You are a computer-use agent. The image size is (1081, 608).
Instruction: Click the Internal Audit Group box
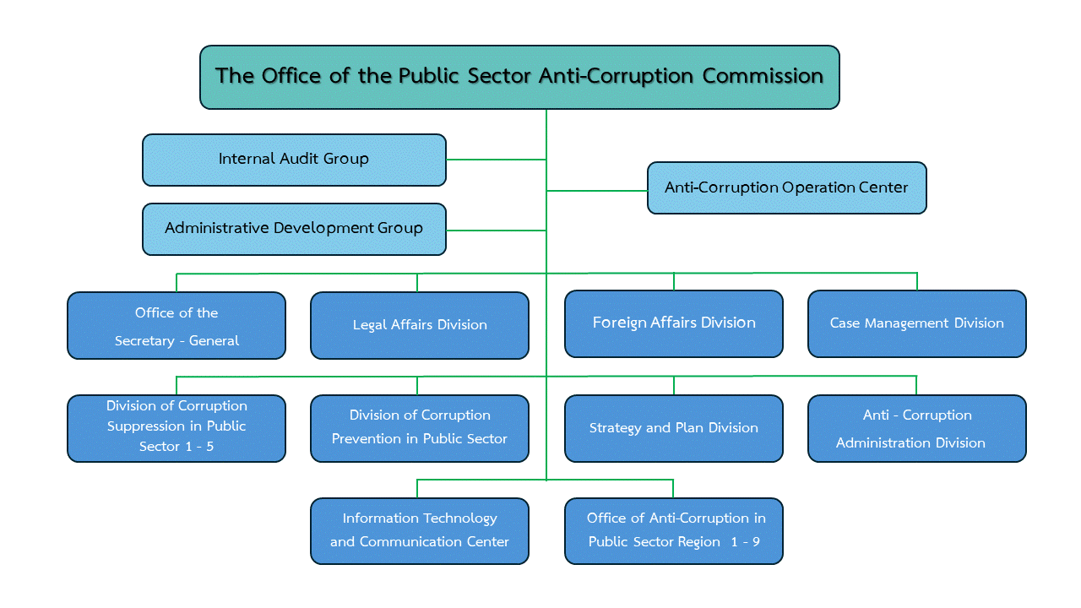click(294, 160)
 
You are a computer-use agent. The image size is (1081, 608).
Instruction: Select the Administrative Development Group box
click(294, 229)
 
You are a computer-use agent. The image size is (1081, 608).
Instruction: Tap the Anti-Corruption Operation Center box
click(786, 187)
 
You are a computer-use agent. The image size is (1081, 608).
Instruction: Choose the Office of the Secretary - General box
click(177, 326)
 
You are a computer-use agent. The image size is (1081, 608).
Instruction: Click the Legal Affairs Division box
click(420, 325)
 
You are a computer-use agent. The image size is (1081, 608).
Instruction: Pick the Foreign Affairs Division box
click(674, 323)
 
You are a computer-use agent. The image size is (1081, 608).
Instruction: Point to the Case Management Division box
click(917, 323)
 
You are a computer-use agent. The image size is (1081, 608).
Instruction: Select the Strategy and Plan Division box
click(674, 428)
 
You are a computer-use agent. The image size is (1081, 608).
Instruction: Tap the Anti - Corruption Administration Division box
click(917, 428)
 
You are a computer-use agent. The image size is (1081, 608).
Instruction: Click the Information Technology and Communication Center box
click(420, 530)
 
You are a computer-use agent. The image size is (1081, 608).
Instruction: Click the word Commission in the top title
click(763, 76)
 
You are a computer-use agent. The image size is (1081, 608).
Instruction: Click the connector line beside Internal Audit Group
click(496, 160)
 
